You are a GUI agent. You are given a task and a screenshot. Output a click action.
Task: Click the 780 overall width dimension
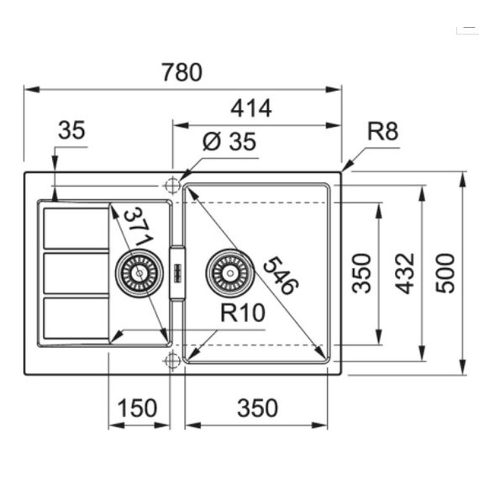click(x=182, y=72)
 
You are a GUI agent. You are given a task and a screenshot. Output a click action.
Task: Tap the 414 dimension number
click(x=251, y=108)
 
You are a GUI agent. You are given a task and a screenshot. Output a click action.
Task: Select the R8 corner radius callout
click(x=382, y=131)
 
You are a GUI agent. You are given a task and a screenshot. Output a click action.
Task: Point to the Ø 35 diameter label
click(x=229, y=141)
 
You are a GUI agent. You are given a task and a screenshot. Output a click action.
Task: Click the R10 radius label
click(x=243, y=313)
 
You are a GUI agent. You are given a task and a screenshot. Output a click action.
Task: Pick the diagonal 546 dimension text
click(x=281, y=276)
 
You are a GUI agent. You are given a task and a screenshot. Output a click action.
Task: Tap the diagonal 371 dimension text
click(x=138, y=227)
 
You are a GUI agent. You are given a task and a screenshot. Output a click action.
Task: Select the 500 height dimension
click(x=445, y=273)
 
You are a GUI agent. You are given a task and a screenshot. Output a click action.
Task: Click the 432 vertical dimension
click(x=405, y=273)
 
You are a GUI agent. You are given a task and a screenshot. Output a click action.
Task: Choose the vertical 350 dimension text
click(x=361, y=273)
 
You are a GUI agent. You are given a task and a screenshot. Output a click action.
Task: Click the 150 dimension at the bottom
click(x=137, y=408)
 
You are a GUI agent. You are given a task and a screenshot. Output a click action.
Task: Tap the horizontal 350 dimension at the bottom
click(x=257, y=408)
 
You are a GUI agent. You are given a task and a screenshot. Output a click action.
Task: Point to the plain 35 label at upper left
click(x=71, y=130)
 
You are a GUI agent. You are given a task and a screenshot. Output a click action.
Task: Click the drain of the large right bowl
click(x=229, y=273)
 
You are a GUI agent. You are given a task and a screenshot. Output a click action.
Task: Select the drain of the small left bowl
click(x=139, y=273)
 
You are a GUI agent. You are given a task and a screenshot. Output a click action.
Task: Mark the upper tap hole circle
click(x=172, y=185)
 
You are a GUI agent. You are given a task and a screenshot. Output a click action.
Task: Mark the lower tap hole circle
click(x=172, y=361)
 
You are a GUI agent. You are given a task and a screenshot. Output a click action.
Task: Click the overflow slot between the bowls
click(x=177, y=273)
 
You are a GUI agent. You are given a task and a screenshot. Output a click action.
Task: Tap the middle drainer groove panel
click(x=76, y=273)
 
